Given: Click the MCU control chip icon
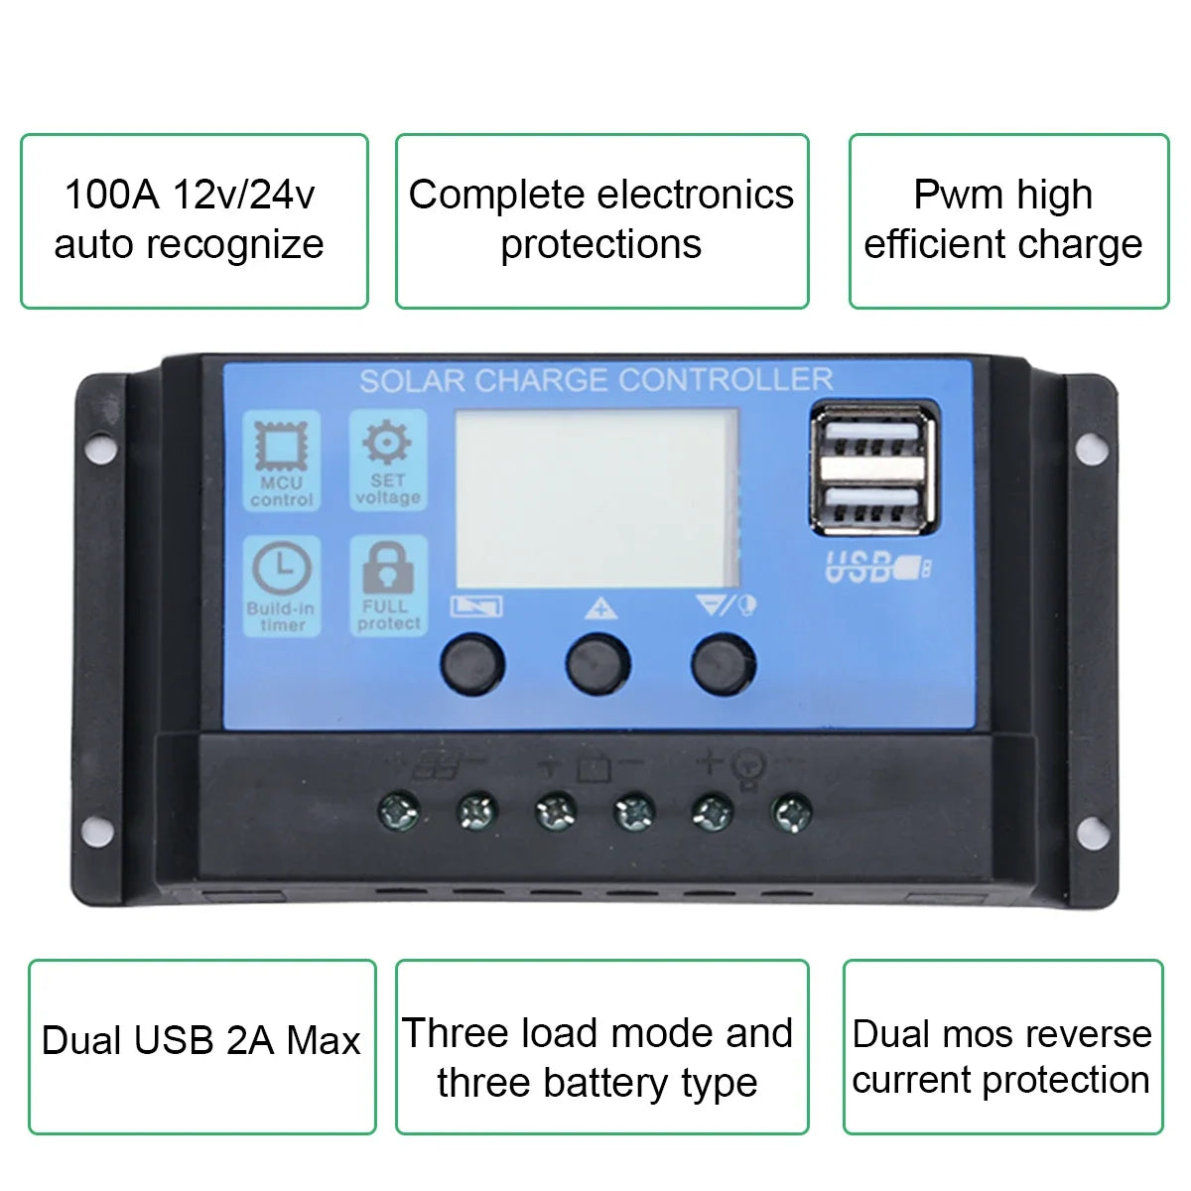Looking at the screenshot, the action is [281, 445].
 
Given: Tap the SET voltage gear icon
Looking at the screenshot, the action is [387, 442].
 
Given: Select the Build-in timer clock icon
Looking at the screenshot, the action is [282, 569].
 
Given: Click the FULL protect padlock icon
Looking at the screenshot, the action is [388, 568].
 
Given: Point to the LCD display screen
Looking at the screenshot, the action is [597, 498].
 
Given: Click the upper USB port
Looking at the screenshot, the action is [872, 437].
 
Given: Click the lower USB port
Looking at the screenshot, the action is [872, 503].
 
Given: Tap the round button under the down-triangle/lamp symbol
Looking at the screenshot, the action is [724, 664].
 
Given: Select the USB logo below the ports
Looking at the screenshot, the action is [877, 568].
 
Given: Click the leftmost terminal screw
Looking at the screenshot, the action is [399, 811].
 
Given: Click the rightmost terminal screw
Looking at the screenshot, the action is [792, 812].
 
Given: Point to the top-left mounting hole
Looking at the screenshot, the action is [101, 448].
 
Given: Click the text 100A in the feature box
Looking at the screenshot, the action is [112, 195].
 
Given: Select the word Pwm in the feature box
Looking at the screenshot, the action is [958, 195].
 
